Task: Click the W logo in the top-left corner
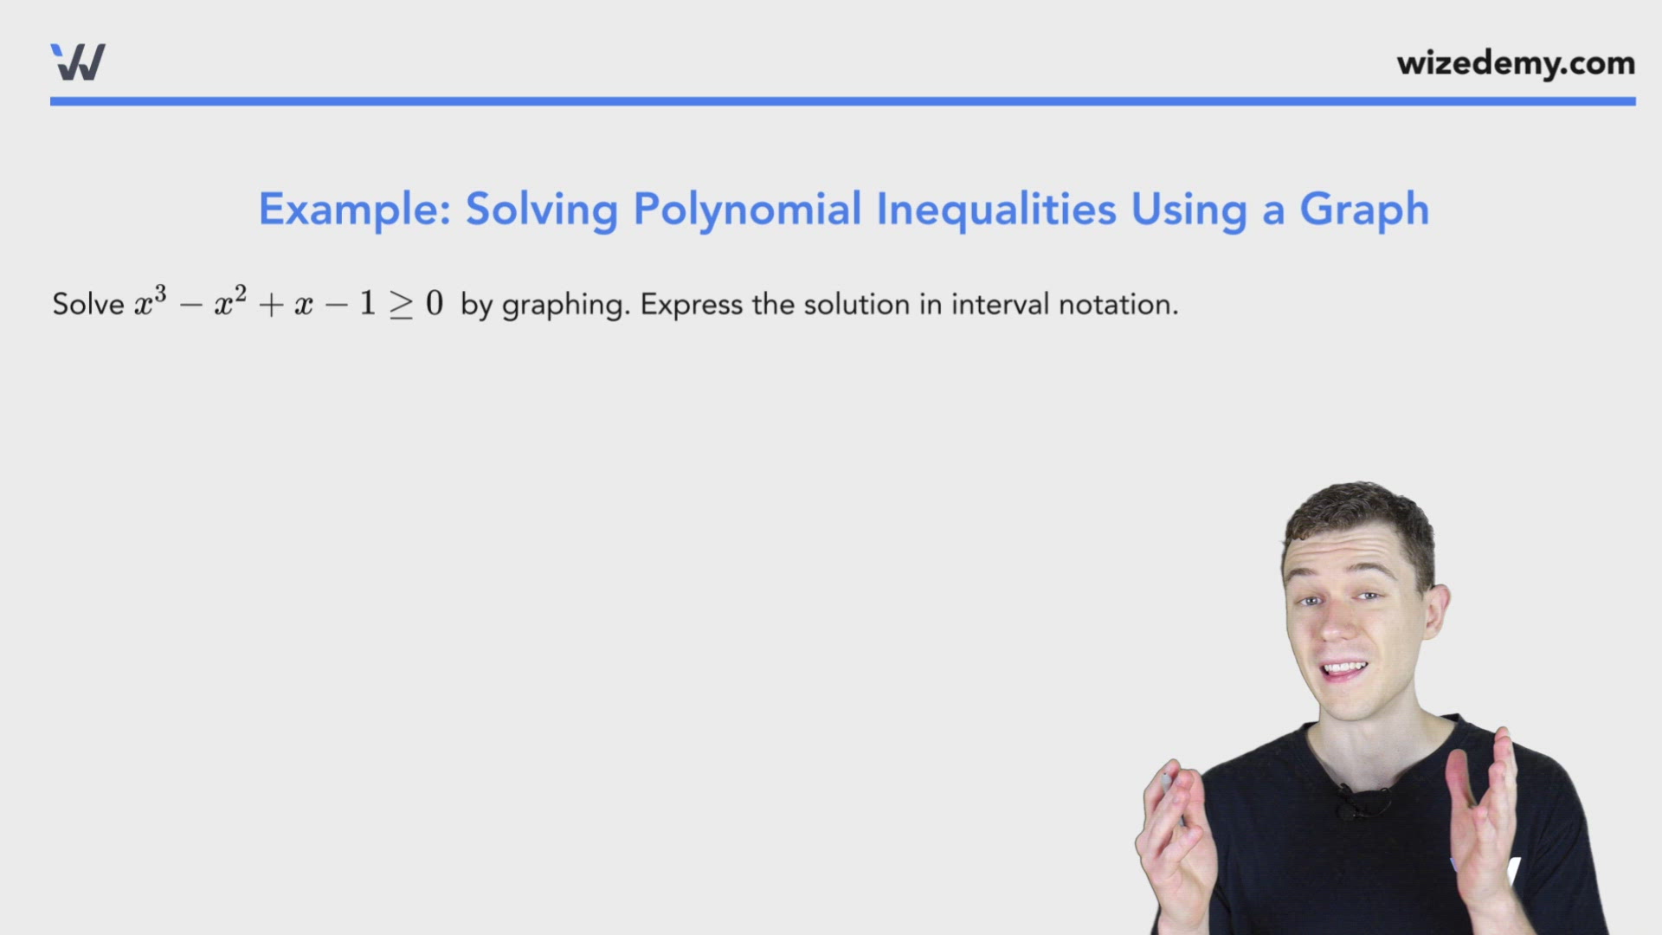coord(78,62)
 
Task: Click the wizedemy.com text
coord(1515,63)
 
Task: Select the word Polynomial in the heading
coord(747,210)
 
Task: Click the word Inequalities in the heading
coord(995,210)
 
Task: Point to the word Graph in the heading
coord(1363,210)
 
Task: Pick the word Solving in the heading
coord(542,210)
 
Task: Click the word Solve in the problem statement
coord(88,305)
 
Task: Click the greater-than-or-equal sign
coord(401,305)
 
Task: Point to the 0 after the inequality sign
coord(435,303)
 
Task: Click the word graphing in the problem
coord(565,306)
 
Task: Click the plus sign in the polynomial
coord(271,305)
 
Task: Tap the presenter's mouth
coord(1344,669)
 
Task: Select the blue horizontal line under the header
coord(842,101)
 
